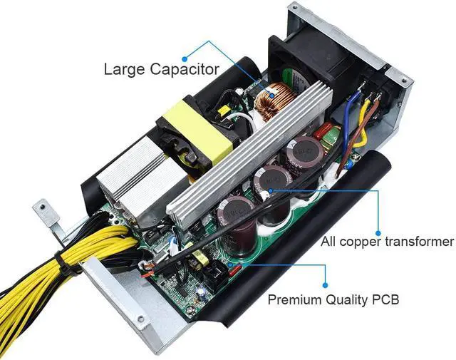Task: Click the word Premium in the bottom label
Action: (x=295, y=299)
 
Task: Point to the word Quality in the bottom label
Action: (x=351, y=299)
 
